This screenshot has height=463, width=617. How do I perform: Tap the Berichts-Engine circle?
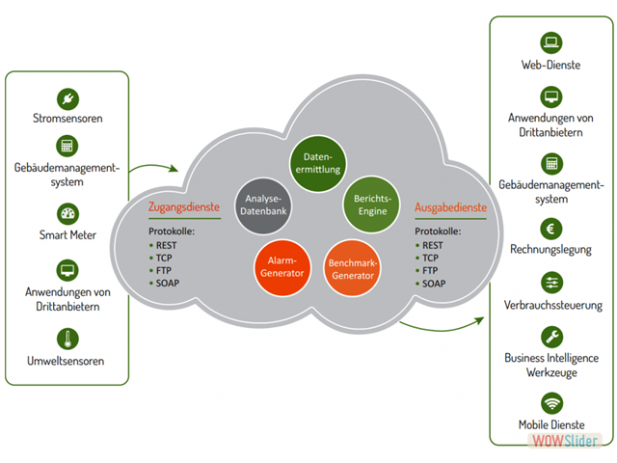click(x=370, y=204)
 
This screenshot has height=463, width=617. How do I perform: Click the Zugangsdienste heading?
click(x=183, y=206)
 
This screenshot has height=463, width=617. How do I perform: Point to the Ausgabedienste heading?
click(x=450, y=206)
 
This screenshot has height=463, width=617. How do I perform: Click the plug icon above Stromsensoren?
click(x=67, y=97)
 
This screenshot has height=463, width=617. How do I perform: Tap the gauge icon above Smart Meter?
click(x=67, y=213)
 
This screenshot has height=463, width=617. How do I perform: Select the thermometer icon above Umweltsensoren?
click(x=67, y=339)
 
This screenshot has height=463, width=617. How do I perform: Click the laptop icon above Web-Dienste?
click(x=551, y=42)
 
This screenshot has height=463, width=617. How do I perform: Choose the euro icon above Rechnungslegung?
click(x=551, y=229)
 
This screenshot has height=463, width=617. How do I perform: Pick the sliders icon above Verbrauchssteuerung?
click(x=551, y=282)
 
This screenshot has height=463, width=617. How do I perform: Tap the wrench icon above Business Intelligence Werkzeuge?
click(x=551, y=335)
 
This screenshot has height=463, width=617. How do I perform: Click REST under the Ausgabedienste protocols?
click(x=433, y=245)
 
